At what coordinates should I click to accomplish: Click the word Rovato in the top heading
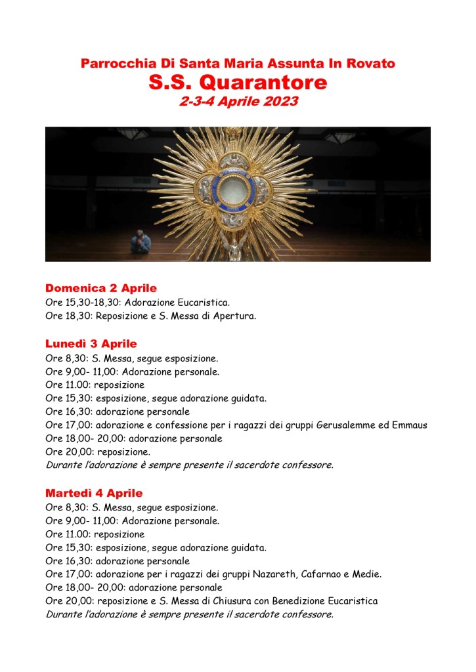pyautogui.click(x=371, y=64)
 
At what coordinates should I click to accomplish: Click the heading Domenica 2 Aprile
pyautogui.click(x=101, y=288)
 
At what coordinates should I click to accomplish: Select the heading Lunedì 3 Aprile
pyautogui.click(x=91, y=344)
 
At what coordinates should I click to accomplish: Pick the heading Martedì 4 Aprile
pyautogui.click(x=94, y=493)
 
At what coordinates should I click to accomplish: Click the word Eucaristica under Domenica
pyautogui.click(x=205, y=303)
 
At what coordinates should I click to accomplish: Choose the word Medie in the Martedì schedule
pyautogui.click(x=366, y=574)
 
